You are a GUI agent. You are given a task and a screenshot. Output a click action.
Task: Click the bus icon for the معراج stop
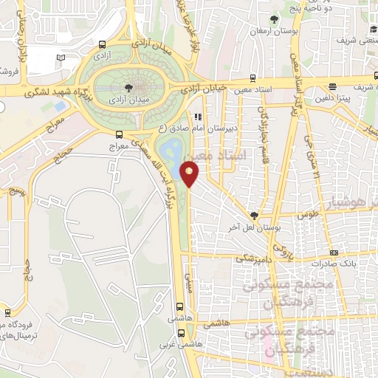point(120,134)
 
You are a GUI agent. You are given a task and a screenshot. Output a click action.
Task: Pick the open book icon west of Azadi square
point(61,58)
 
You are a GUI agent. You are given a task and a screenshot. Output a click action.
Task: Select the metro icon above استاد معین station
point(253,77)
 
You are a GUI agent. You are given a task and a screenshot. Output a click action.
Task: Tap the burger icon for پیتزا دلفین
point(334,85)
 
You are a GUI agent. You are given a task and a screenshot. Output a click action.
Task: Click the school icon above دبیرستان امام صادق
point(198,117)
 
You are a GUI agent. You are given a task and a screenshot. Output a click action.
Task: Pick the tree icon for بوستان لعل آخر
point(255,215)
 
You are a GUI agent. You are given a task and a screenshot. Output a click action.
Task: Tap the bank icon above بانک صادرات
point(334,252)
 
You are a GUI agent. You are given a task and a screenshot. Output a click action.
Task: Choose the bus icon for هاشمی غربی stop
point(180,331)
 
